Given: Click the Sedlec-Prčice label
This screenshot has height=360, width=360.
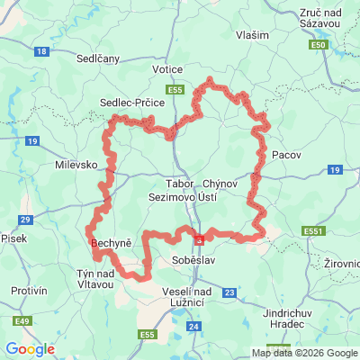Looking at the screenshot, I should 130,103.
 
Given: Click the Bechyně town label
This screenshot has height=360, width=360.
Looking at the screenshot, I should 112,244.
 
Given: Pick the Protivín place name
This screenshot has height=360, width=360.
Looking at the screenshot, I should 30,291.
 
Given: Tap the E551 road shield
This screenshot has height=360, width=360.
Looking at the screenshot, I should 313,231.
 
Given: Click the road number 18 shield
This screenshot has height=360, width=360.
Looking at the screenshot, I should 43,51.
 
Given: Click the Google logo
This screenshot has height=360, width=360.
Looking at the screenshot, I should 30,348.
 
